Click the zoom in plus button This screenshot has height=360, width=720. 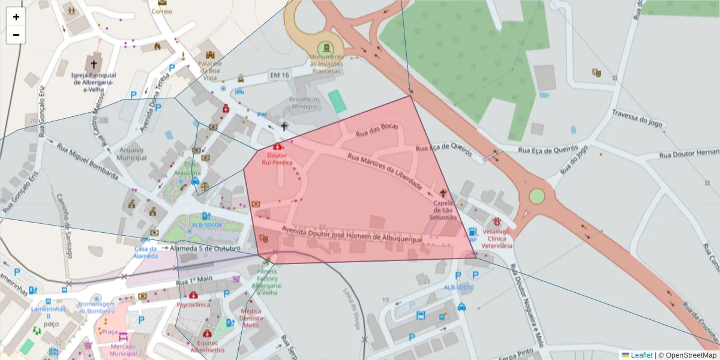coord(16,17)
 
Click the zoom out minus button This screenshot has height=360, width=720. coord(16,35)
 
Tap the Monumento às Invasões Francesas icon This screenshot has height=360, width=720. coord(326,47)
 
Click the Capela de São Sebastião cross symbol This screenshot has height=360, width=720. coord(443,193)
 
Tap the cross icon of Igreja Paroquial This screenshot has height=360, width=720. coord(93,63)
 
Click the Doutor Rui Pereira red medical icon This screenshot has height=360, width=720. coord(277,146)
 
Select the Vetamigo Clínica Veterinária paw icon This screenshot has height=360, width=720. coord(497,221)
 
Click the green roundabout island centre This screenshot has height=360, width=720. coord(536,196)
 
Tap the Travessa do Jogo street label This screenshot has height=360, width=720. coord(637,118)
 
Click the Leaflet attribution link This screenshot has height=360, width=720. coord(641,355)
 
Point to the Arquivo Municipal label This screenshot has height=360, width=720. coord(133,154)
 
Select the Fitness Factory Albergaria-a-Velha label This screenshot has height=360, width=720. coord(267,282)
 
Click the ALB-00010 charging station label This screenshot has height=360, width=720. coord(458,287)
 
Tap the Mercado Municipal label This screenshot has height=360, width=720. coord(123,350)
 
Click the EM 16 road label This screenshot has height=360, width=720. coord(280,75)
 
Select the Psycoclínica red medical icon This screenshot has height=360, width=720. coord(193,295)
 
